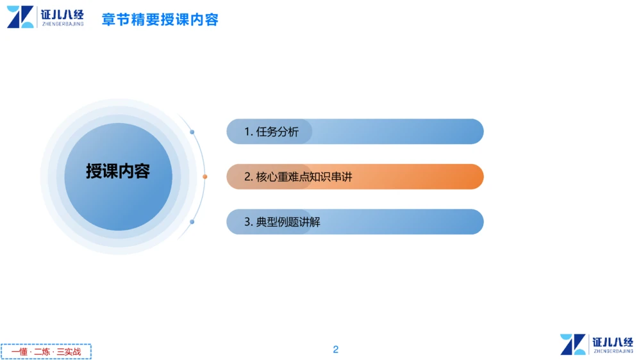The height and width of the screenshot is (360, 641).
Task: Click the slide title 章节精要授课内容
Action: [160, 19]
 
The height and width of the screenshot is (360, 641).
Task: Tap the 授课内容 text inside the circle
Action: [118, 172]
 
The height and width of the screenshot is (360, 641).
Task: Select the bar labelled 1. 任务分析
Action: [354, 132]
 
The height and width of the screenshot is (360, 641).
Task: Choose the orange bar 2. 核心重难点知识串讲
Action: [354, 177]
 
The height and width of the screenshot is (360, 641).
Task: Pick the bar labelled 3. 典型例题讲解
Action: [354, 222]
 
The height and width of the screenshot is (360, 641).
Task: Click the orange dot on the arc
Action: [205, 177]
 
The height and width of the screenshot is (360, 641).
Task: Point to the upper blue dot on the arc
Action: [192, 132]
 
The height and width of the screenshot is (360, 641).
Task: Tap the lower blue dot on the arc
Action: [192, 222]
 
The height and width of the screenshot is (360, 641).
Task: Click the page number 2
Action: [336, 349]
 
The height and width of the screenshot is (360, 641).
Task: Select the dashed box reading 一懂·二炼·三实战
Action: [46, 352]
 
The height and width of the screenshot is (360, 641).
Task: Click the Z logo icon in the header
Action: [21, 17]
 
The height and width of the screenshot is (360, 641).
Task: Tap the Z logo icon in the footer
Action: [573, 345]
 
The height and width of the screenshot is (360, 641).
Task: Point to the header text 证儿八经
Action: [62, 13]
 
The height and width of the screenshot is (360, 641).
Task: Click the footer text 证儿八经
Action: [613, 342]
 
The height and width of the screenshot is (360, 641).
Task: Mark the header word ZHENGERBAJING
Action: [62, 24]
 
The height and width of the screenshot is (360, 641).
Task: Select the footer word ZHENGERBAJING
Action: [613, 352]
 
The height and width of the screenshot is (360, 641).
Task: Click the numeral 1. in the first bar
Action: [249, 132]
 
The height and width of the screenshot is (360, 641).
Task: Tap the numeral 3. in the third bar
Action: [249, 222]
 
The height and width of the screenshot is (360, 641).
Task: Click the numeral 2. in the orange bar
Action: [249, 177]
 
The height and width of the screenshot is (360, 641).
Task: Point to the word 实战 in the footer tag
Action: [73, 352]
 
